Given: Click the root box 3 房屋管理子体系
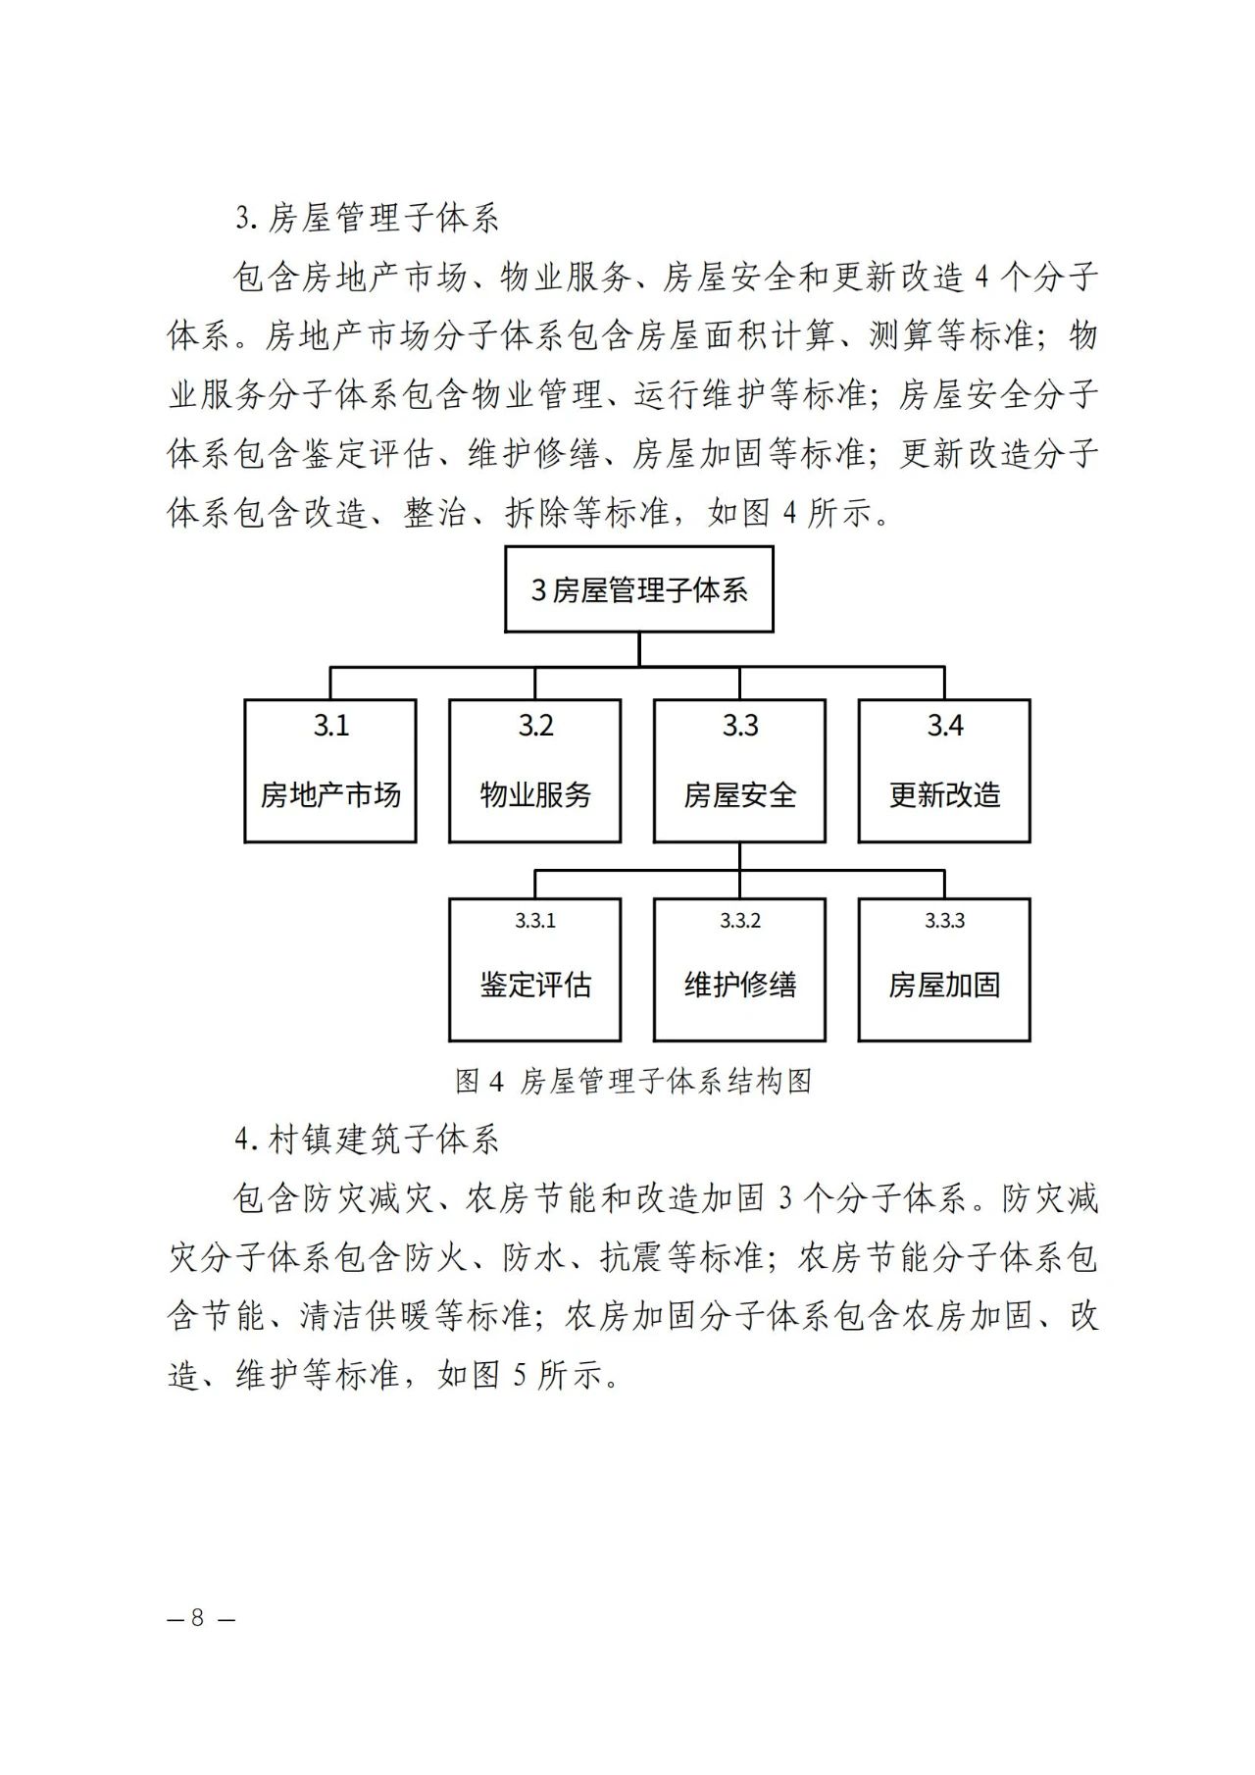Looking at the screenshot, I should (638, 589).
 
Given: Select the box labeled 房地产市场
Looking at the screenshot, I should (330, 771).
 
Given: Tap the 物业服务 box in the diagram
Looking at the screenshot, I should (534, 771).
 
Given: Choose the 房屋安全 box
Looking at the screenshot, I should (739, 771).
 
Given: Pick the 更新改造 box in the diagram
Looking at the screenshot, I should (944, 771).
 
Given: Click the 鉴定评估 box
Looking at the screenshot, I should (534, 970).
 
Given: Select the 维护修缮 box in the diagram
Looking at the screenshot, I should (739, 970).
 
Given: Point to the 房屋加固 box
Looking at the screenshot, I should (944, 970).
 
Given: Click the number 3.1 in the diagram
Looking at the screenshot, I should (331, 726).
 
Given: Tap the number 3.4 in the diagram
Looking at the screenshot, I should (945, 726).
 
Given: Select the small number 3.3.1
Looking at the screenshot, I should (535, 921).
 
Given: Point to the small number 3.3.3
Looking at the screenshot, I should (945, 921).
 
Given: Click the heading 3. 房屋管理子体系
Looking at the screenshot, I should (368, 218).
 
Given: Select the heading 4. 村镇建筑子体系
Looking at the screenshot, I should (368, 1140).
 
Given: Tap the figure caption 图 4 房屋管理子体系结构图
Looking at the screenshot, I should (633, 1081).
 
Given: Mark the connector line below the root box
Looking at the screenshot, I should (639, 649).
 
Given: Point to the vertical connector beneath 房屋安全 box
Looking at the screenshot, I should (739, 855).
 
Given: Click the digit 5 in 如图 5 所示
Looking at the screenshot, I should (519, 1375).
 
